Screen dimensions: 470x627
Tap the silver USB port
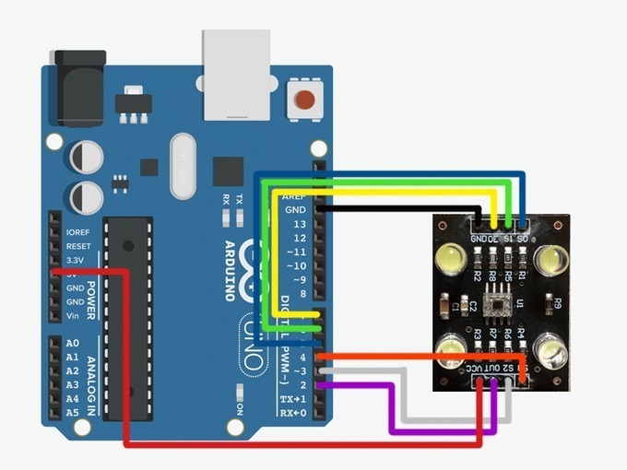(x=237, y=73)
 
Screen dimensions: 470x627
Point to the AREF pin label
(x=294, y=196)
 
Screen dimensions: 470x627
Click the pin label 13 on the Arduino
(x=298, y=224)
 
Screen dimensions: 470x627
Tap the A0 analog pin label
(x=72, y=344)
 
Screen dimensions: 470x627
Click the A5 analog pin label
(x=72, y=412)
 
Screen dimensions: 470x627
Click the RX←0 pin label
(x=294, y=412)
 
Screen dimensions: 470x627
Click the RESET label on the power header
(x=78, y=247)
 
